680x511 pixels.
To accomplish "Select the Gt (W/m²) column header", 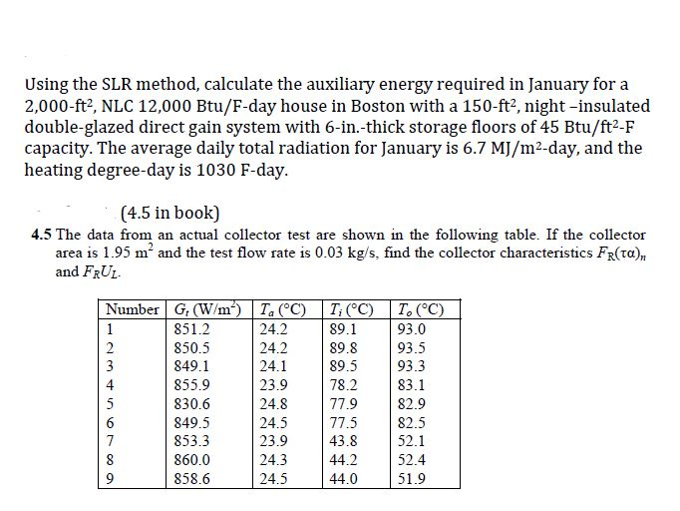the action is (208, 308).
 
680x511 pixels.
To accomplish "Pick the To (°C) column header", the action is (423, 308).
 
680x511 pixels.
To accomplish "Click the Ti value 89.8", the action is (343, 347).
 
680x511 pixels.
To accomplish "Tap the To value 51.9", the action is (411, 478).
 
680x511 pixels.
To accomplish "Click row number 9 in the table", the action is (111, 478).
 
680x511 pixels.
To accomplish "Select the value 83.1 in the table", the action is (411, 384).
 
